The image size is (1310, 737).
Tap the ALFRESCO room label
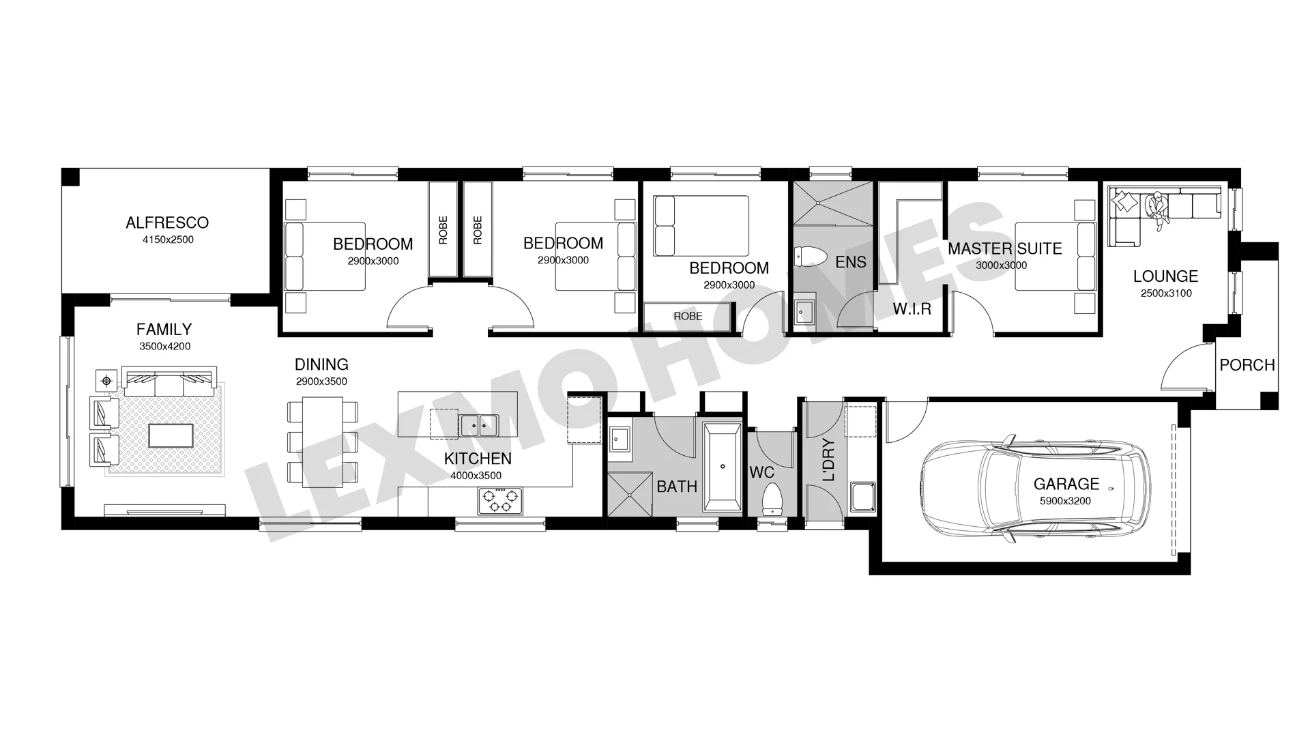click(167, 222)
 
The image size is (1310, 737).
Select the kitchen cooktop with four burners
click(500, 501)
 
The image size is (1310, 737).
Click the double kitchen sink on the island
click(479, 425)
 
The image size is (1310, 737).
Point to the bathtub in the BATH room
click(723, 467)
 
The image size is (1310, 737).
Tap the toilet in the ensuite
click(810, 257)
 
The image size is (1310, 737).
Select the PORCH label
click(1247, 365)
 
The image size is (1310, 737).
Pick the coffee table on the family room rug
click(171, 435)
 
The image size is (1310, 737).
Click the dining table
click(323, 442)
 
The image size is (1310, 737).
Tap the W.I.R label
click(912, 309)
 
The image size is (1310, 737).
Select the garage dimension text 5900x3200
click(1066, 501)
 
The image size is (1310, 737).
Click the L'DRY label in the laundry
click(828, 460)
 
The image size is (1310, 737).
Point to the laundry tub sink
click(862, 496)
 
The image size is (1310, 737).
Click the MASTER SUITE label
click(1005, 248)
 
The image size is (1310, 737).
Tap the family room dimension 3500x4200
click(165, 347)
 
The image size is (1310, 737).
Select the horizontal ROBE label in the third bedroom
click(688, 317)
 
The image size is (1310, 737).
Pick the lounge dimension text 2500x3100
click(1166, 293)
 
